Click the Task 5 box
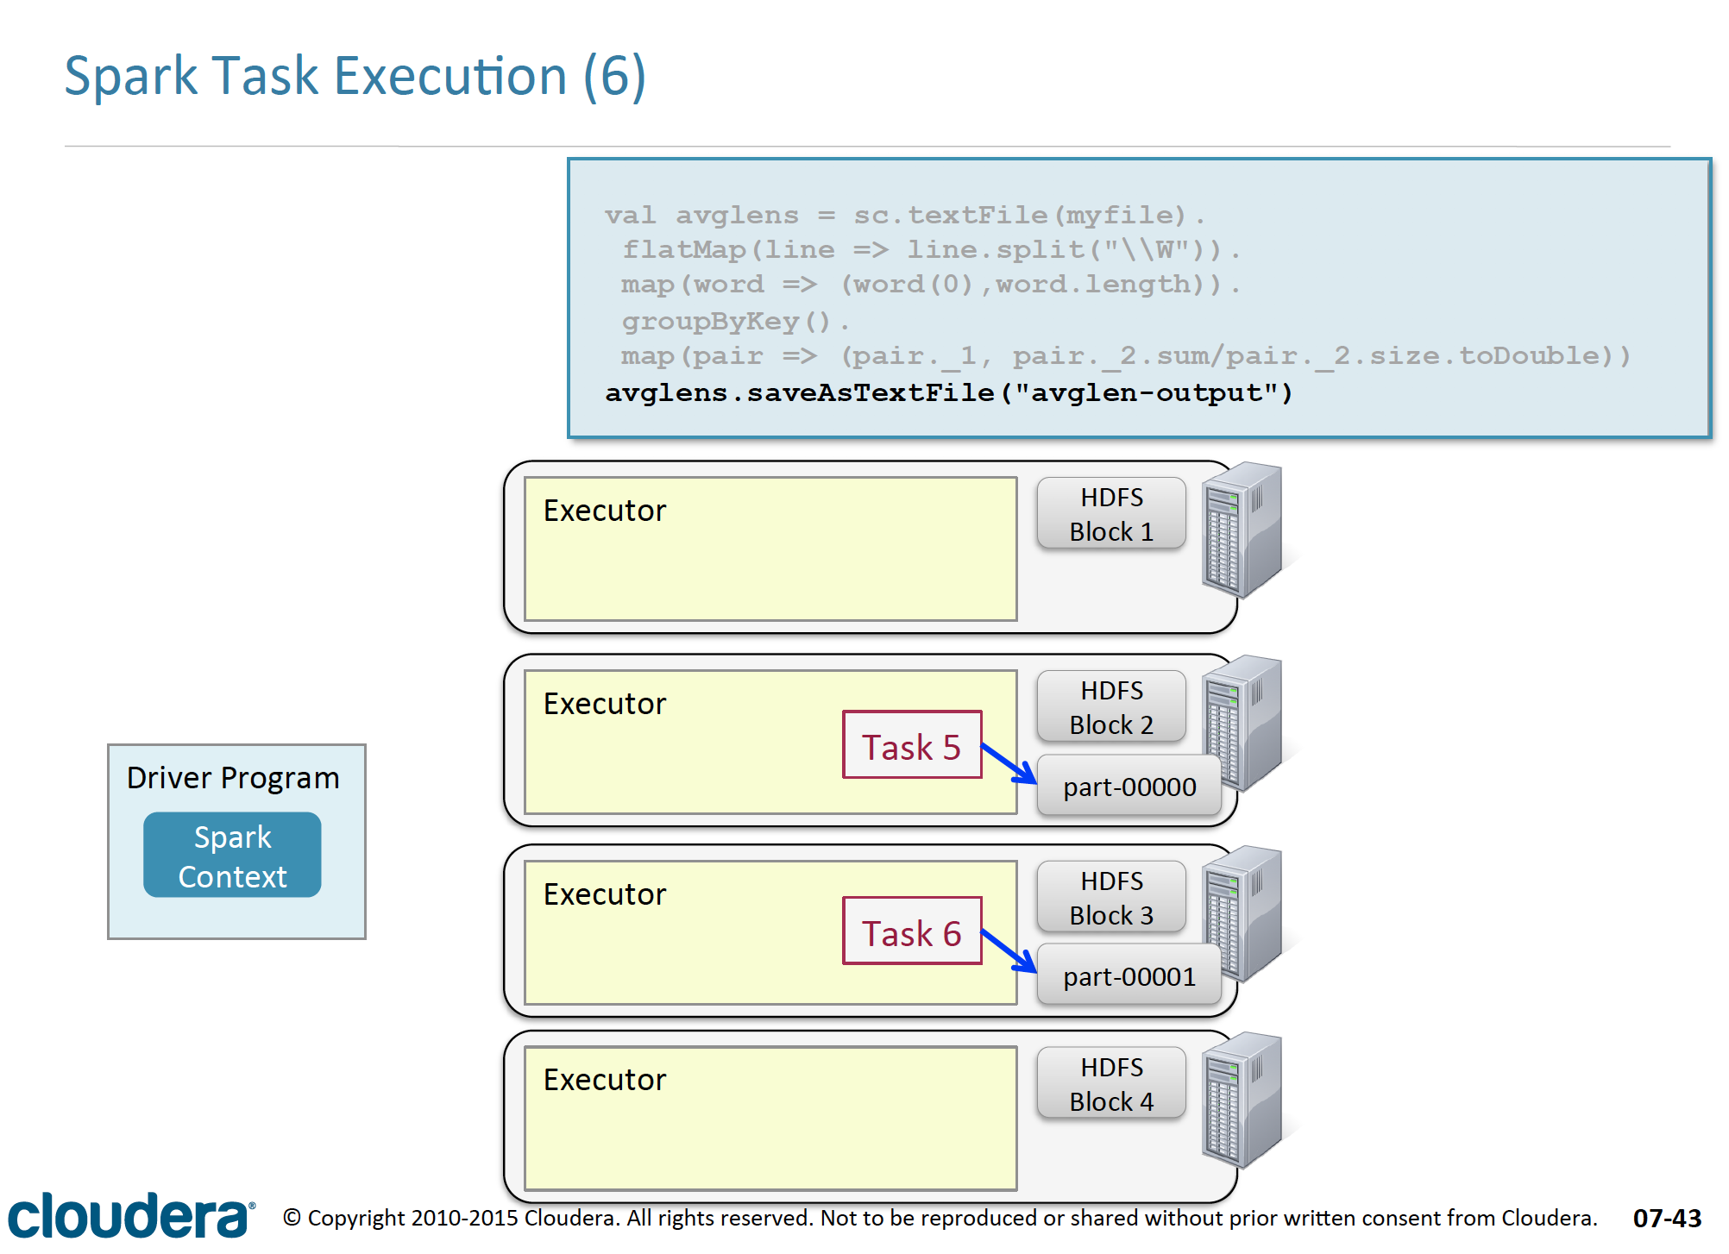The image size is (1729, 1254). [x=912, y=744]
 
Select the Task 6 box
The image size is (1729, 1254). [x=912, y=931]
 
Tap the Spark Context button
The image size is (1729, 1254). [x=232, y=855]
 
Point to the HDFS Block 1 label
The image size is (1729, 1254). [x=1111, y=514]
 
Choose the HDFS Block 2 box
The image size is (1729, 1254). [x=1111, y=707]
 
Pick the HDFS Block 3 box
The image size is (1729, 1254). [x=1111, y=897]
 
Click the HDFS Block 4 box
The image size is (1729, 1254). [x=1111, y=1083]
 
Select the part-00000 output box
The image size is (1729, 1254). [x=1129, y=786]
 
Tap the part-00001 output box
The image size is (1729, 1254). [x=1129, y=975]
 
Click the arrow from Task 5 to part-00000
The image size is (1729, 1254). [x=1009, y=763]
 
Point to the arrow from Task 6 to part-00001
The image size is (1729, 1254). [x=1009, y=950]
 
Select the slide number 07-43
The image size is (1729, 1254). [x=1667, y=1218]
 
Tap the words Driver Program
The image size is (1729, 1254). [x=233, y=778]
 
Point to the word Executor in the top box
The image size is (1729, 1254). [x=605, y=511]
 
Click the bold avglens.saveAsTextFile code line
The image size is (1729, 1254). [x=949, y=393]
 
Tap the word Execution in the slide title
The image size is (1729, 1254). [x=450, y=76]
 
